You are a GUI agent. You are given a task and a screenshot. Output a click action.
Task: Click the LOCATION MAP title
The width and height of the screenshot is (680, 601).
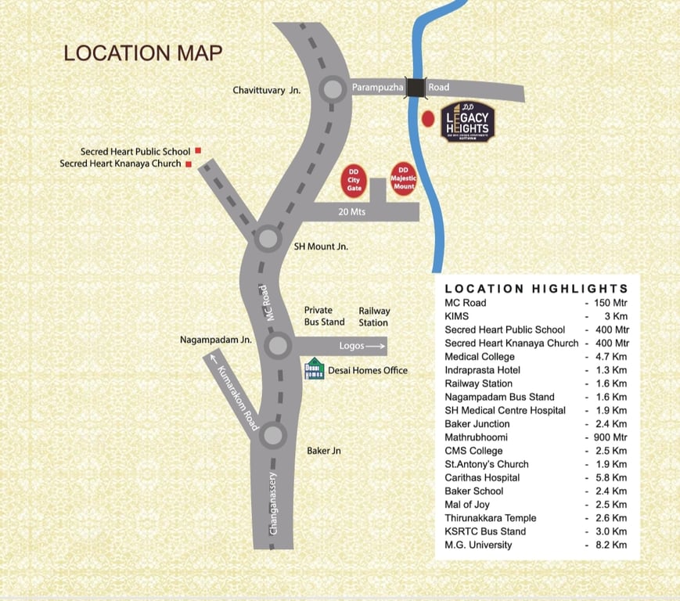click(x=143, y=53)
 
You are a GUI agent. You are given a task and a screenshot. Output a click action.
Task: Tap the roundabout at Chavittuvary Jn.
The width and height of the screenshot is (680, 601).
click(x=333, y=88)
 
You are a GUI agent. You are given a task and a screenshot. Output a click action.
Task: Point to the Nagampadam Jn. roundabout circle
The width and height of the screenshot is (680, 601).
click(x=278, y=345)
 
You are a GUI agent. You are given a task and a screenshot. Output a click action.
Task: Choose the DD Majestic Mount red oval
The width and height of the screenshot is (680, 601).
click(x=404, y=180)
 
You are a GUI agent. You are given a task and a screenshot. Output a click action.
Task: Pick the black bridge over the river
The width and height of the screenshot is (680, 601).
click(x=416, y=88)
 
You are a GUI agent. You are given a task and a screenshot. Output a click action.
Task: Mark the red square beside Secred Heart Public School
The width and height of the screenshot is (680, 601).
click(x=198, y=150)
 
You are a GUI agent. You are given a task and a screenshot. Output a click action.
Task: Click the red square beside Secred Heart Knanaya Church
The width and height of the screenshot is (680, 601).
click(x=189, y=164)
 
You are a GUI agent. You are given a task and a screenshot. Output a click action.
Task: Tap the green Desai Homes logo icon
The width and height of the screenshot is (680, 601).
click(x=313, y=369)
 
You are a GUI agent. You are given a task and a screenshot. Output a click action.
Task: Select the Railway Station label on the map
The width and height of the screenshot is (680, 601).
click(x=373, y=316)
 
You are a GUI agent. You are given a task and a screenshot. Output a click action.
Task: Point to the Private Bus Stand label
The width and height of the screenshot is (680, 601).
click(x=324, y=316)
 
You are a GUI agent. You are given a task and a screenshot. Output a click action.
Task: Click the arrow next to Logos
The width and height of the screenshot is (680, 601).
click(x=376, y=346)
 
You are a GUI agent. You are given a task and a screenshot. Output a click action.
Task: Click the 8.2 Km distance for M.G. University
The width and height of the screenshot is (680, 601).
click(x=610, y=545)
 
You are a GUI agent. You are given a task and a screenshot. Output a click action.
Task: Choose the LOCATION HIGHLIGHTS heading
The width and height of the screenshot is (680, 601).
click(x=536, y=288)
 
